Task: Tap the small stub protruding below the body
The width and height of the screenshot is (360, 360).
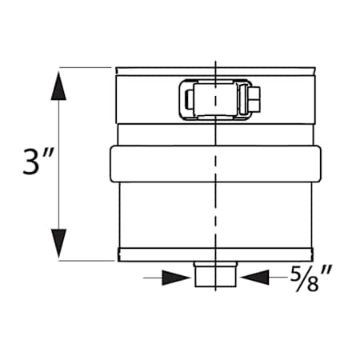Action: pyautogui.click(x=215, y=274)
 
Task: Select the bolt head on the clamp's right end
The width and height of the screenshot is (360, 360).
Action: pyautogui.click(x=255, y=101)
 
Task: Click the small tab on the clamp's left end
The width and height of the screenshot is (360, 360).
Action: pyautogui.click(x=186, y=101)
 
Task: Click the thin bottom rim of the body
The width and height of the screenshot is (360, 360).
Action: pyautogui.click(x=214, y=255)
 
